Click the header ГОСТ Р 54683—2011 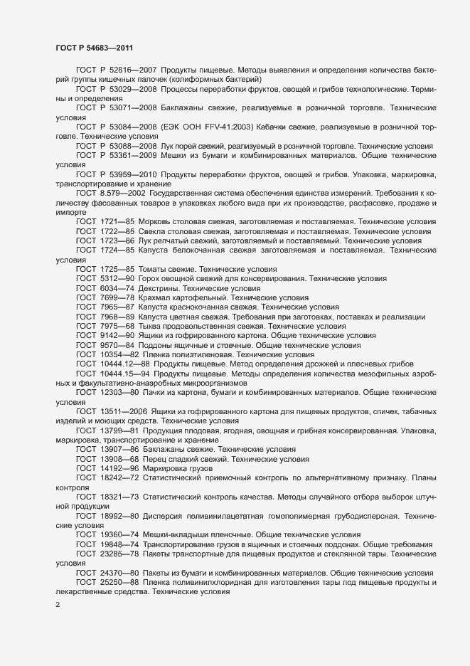pyautogui.click(x=93, y=47)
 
